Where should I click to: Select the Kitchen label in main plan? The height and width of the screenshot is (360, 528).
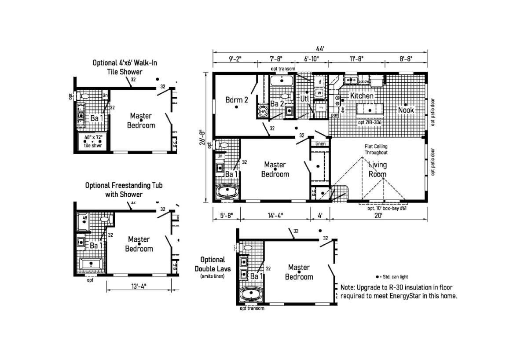click(362, 96)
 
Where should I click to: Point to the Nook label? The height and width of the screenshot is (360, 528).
click(406, 110)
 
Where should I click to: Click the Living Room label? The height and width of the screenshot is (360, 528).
click(378, 169)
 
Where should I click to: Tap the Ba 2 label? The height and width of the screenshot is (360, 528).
click(277, 104)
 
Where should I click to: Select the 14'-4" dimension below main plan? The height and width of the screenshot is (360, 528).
click(275, 216)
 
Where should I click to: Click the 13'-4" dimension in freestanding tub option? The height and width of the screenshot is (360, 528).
click(139, 286)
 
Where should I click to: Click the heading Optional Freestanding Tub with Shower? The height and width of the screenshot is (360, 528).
click(124, 190)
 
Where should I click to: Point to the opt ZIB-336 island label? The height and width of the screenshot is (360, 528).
click(369, 122)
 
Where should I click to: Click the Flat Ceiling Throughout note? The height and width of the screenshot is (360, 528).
click(376, 149)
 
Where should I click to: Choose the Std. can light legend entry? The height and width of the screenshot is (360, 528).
click(392, 277)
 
